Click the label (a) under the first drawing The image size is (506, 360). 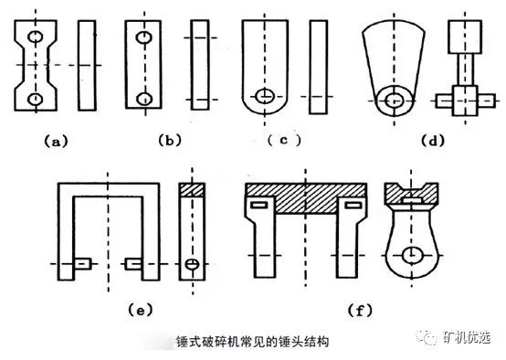point(56,142)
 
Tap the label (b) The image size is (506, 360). point(170,141)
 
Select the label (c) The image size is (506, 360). point(284,140)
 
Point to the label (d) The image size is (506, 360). point(433,141)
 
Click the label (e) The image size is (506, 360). point(140,311)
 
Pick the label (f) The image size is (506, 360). point(360,311)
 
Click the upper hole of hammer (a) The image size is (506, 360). point(36,37)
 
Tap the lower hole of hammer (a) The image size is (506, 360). point(36,99)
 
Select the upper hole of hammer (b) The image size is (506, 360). point(144,37)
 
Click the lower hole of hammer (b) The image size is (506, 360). point(144,99)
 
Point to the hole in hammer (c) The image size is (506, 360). point(265,96)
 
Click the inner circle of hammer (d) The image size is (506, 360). point(394,101)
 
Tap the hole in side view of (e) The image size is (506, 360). point(192,264)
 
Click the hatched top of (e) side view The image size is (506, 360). point(192,190)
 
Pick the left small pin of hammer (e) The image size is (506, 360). point(83,264)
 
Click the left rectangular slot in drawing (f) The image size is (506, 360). point(259,205)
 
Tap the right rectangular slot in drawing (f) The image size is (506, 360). point(353,205)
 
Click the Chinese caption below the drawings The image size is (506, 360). point(253,342)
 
